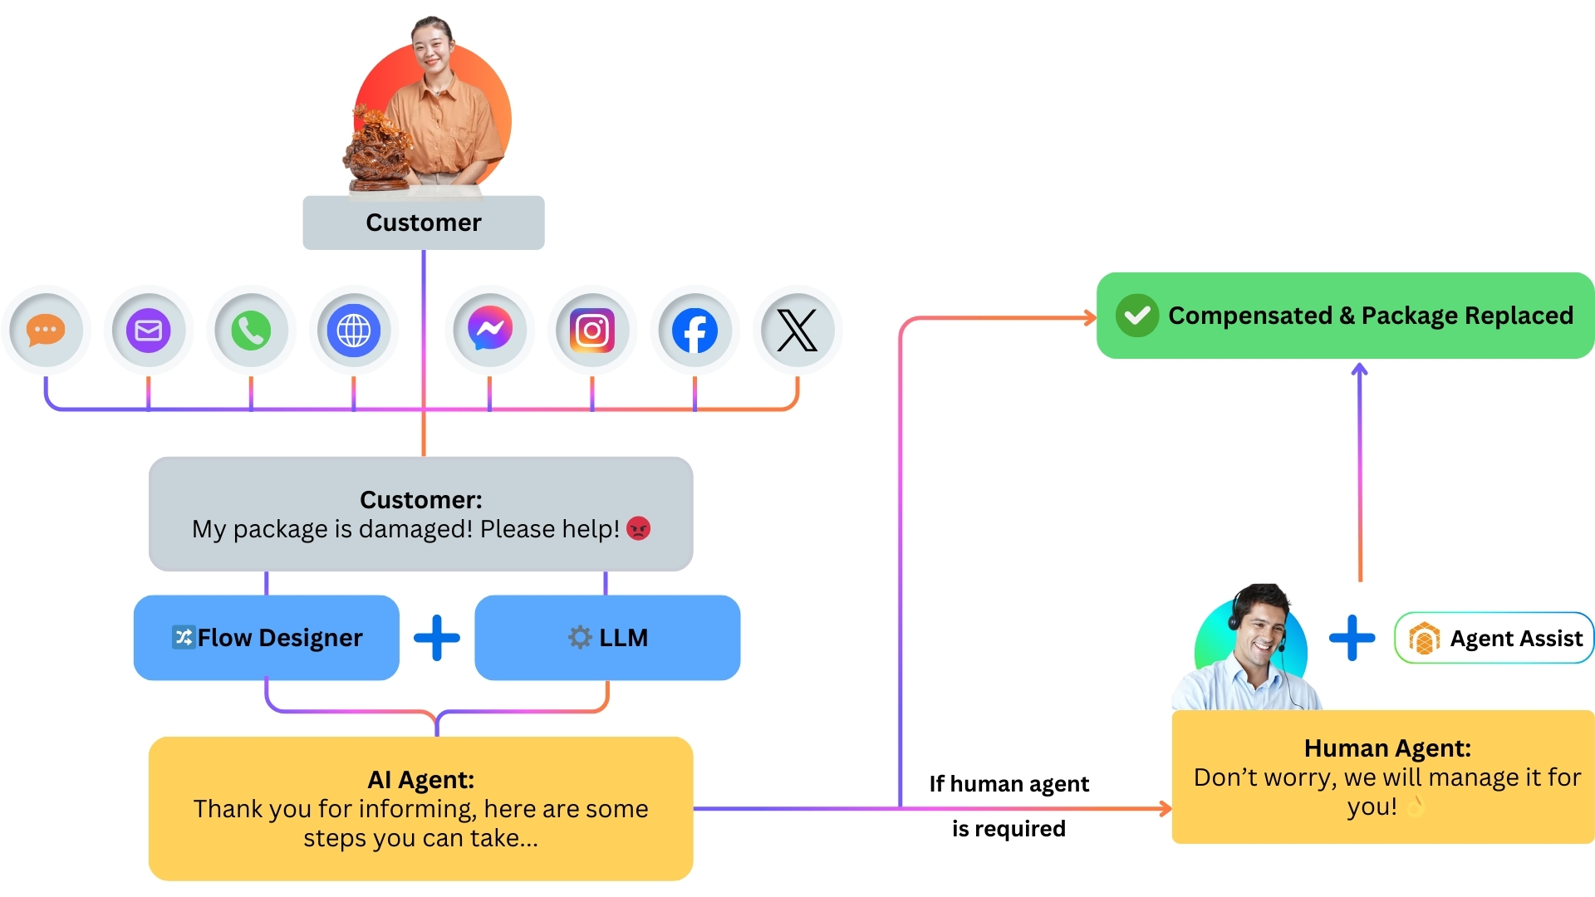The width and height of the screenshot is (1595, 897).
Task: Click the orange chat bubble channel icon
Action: (x=46, y=330)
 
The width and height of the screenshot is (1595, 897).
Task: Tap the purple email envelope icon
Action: (x=149, y=330)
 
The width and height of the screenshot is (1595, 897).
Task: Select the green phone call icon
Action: (x=251, y=330)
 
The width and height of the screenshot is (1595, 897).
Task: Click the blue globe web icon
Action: (x=354, y=330)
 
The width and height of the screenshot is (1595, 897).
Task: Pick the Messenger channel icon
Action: (x=489, y=330)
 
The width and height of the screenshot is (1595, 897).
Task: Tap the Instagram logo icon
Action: (x=592, y=330)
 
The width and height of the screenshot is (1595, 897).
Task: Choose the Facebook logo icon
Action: (x=694, y=330)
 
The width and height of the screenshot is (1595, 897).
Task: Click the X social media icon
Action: (x=797, y=330)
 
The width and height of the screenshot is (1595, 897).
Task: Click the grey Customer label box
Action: (x=424, y=223)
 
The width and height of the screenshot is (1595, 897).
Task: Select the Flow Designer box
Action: (x=267, y=638)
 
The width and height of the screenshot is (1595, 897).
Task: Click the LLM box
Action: (x=607, y=638)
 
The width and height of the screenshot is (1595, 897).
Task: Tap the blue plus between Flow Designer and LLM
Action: (x=437, y=638)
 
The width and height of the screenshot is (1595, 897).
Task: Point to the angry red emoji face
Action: (x=638, y=528)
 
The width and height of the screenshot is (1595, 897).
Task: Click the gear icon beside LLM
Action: (x=579, y=638)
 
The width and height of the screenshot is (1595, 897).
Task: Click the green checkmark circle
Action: (x=1136, y=316)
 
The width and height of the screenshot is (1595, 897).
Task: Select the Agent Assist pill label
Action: (x=1494, y=638)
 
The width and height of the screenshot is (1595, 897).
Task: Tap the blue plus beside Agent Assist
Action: (x=1352, y=638)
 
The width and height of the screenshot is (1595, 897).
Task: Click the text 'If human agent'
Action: (x=1009, y=784)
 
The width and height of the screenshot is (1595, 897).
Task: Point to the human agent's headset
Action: (x=1235, y=619)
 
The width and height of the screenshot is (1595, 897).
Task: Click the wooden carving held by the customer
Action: (x=378, y=149)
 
